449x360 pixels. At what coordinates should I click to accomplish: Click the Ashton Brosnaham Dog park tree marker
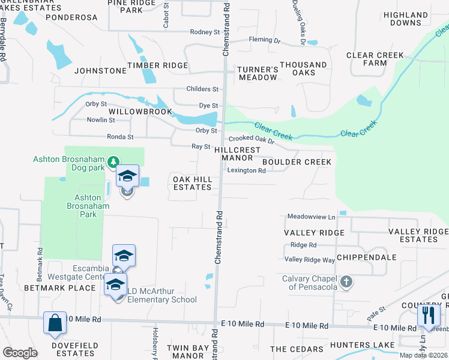click(x=113, y=162)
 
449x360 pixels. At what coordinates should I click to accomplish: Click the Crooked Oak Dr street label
click(x=251, y=140)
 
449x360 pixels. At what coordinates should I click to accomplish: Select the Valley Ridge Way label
click(x=310, y=260)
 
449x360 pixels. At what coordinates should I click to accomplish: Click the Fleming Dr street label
click(x=265, y=41)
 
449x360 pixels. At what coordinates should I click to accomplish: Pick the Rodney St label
click(x=205, y=32)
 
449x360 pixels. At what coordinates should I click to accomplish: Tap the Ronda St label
click(x=120, y=137)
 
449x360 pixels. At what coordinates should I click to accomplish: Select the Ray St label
click(x=200, y=146)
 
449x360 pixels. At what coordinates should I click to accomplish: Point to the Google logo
click(x=20, y=352)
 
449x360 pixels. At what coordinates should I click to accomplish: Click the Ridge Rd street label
click(x=303, y=245)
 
